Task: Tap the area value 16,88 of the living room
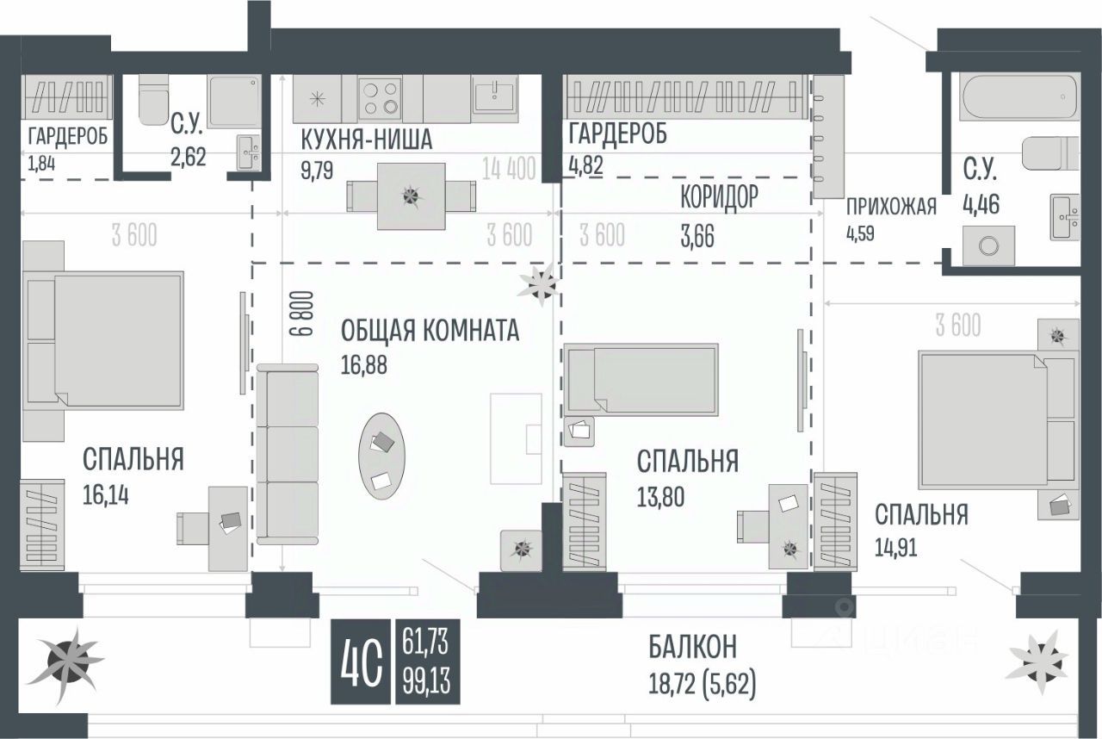[x=364, y=365]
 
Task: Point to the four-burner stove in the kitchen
[x=380, y=97]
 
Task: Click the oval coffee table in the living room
[x=381, y=456]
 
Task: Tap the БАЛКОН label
[x=693, y=646]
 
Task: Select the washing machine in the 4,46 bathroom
[x=988, y=245]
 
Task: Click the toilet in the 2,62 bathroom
[x=155, y=97]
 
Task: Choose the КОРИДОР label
[x=719, y=197]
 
